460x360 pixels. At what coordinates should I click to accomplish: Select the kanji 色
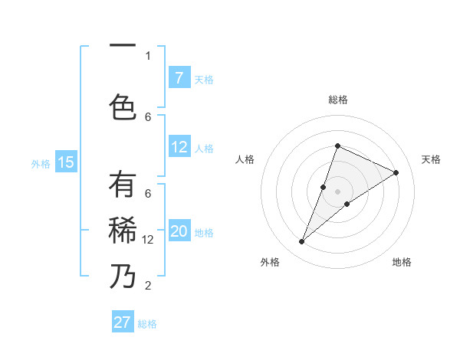click(x=123, y=106)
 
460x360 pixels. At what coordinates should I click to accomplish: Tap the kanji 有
click(x=123, y=185)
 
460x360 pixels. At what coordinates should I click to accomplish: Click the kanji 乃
click(x=123, y=276)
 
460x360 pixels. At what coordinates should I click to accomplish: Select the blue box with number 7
click(x=179, y=78)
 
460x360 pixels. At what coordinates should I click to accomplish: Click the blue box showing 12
click(x=179, y=147)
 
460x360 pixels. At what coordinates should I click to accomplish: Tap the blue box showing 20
click(x=179, y=232)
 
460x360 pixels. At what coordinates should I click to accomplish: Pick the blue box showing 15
click(x=66, y=162)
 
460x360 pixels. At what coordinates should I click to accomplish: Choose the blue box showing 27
click(x=123, y=322)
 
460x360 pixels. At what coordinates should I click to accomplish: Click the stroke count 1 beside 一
click(x=148, y=55)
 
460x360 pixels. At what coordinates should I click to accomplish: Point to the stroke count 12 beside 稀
click(x=148, y=240)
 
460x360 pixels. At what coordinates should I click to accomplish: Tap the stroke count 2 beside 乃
click(x=148, y=286)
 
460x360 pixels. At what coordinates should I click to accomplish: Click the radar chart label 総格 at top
click(x=337, y=100)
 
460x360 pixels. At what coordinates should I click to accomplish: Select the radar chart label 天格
click(x=431, y=159)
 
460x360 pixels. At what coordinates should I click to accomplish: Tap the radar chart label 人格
click(x=245, y=159)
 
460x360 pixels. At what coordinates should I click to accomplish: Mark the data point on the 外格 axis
click(x=302, y=242)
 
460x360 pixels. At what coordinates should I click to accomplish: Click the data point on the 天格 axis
click(x=396, y=173)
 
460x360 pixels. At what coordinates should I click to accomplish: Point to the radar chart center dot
click(x=337, y=191)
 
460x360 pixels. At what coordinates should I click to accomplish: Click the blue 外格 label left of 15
click(x=40, y=163)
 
